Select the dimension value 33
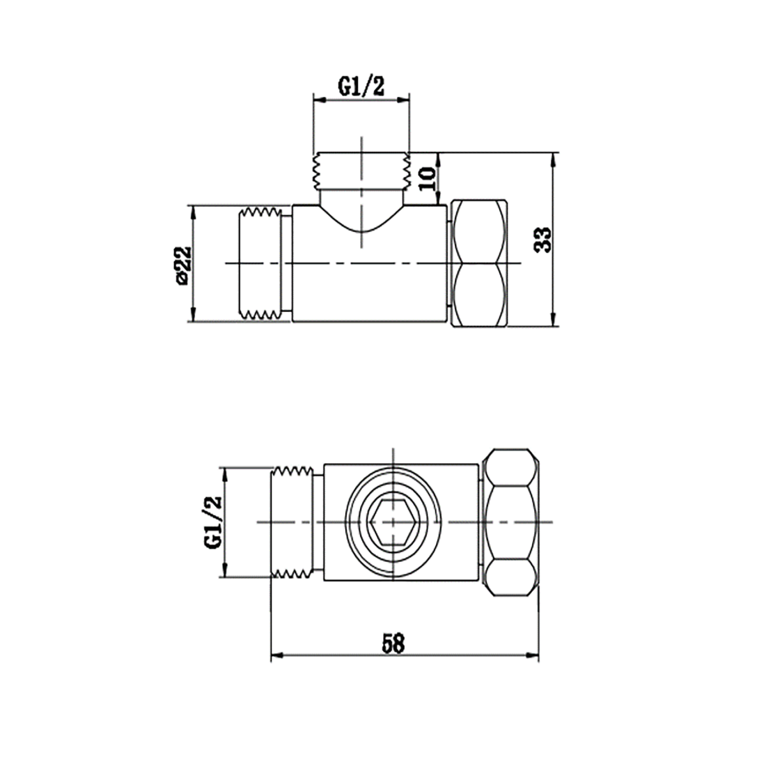tap(544, 239)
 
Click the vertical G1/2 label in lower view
tap(213, 522)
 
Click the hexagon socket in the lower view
tap(393, 522)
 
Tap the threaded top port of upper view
tap(361, 171)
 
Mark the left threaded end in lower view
tap(295, 522)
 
